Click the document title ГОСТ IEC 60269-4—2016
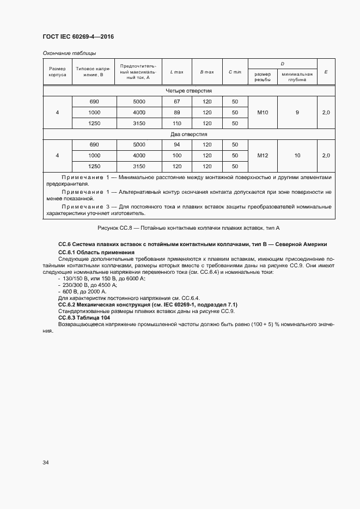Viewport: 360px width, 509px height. coord(78,36)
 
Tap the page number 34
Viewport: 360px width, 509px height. coord(46,462)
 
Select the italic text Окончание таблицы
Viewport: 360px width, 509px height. coord(69,53)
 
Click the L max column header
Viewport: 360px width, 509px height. coord(176,72)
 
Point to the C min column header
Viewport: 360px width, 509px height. coord(235,72)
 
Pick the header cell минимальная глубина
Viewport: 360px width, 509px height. coord(297,76)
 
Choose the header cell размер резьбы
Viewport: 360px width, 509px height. coord(263,76)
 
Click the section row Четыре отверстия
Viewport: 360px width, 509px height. coord(188,90)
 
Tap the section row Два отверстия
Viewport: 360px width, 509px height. coord(188,133)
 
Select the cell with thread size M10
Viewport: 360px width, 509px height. coord(263,112)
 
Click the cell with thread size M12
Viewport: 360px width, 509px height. coord(263,155)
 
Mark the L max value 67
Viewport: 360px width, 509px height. coord(176,101)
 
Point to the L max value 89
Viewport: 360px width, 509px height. coord(176,112)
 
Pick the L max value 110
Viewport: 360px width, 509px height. coord(176,123)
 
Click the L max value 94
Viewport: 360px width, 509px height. coord(176,144)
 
